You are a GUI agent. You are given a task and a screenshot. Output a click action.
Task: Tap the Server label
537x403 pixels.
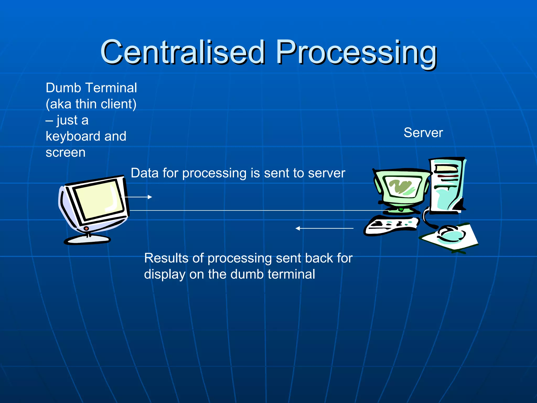[423, 133]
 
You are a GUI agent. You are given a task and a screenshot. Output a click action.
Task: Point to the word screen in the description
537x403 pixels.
[66, 153]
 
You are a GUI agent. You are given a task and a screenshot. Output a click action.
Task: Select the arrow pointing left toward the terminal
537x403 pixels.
[324, 228]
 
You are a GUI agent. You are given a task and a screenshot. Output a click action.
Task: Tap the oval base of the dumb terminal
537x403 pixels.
[87, 240]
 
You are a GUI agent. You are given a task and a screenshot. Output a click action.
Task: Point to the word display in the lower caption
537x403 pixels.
[164, 275]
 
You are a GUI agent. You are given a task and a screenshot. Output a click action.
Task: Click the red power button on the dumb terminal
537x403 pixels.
[86, 229]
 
